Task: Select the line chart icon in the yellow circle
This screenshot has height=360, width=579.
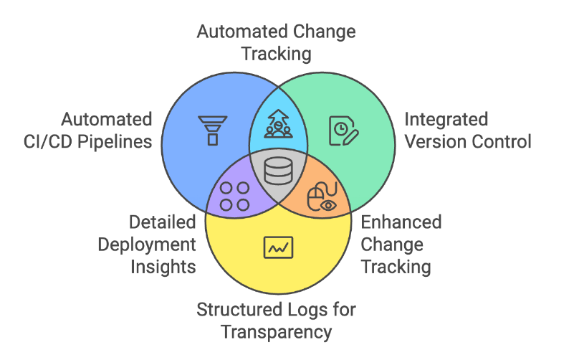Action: point(277,248)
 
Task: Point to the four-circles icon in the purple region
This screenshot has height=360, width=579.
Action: point(234,196)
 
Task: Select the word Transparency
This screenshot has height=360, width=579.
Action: point(276,332)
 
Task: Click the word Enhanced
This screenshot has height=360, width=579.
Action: point(401,222)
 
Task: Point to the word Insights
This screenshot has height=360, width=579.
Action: point(163,267)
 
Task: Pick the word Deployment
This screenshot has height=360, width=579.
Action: point(147,245)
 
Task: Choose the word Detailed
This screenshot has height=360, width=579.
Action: point(162,222)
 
